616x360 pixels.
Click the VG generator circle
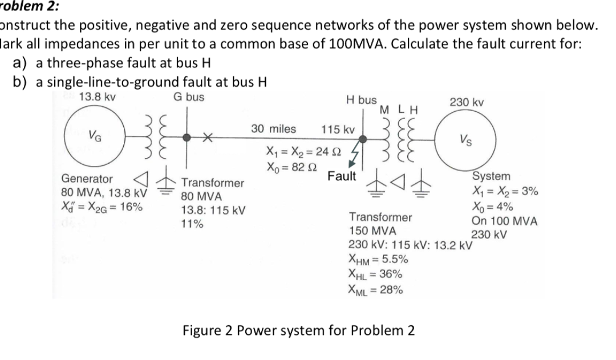pyautogui.click(x=91, y=136)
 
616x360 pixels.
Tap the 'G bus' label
pyautogui.click(x=189, y=97)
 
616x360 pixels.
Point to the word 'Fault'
pyautogui.click(x=342, y=176)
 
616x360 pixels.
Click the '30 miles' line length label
pyautogui.click(x=273, y=129)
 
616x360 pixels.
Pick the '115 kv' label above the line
pyautogui.click(x=338, y=130)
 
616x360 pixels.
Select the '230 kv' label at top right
pyautogui.click(x=467, y=102)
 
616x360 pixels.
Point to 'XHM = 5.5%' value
pyautogui.click(x=378, y=260)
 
